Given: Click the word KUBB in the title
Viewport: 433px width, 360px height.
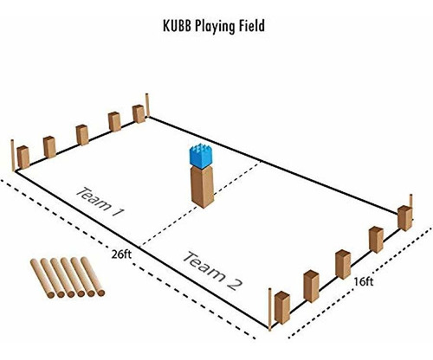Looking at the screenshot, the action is click(178, 25).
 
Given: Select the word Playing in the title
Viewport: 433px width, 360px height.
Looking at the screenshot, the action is click(215, 27).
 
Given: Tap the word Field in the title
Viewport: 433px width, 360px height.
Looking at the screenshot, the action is click(251, 25).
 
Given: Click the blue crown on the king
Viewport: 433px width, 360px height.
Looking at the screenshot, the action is click(201, 157).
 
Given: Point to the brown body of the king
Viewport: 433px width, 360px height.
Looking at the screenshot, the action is click(203, 187).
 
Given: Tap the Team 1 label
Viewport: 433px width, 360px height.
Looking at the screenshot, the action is click(100, 202).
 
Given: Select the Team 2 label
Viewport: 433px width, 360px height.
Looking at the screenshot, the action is click(212, 271).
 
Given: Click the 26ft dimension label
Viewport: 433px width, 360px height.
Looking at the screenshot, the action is click(121, 254).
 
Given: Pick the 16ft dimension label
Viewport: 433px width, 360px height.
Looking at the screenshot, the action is click(364, 281).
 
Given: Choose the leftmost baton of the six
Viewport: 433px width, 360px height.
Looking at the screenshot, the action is click(42, 278).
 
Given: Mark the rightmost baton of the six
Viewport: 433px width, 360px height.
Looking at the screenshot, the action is click(93, 276).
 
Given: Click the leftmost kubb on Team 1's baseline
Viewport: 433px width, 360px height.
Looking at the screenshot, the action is click(23, 157).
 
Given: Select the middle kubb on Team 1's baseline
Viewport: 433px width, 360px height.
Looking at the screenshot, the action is click(82, 135).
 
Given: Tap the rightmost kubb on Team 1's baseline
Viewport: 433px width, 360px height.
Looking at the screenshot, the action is click(139, 114).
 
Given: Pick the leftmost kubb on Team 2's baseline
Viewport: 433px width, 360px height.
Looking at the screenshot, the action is click(282, 308).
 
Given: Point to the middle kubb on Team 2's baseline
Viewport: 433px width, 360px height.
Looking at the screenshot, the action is click(343, 265).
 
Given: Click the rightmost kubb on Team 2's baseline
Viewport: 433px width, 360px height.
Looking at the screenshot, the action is click(404, 218).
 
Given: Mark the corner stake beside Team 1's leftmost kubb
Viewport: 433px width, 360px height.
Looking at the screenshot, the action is click(12, 155).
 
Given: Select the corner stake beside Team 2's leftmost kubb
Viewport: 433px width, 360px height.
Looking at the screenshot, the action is click(270, 309).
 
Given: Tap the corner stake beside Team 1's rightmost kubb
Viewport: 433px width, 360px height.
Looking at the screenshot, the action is click(147, 106).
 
